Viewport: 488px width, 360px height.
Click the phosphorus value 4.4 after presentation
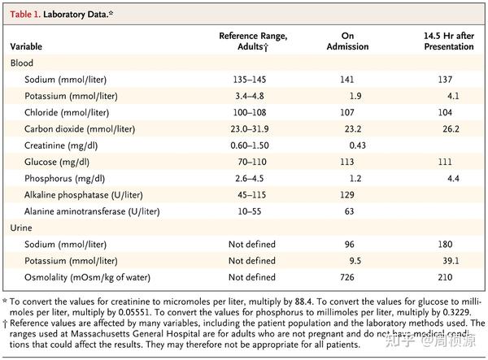tap(453, 178)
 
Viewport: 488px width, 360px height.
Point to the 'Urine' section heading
tap(24, 228)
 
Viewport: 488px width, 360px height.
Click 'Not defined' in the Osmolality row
tap(253, 277)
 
